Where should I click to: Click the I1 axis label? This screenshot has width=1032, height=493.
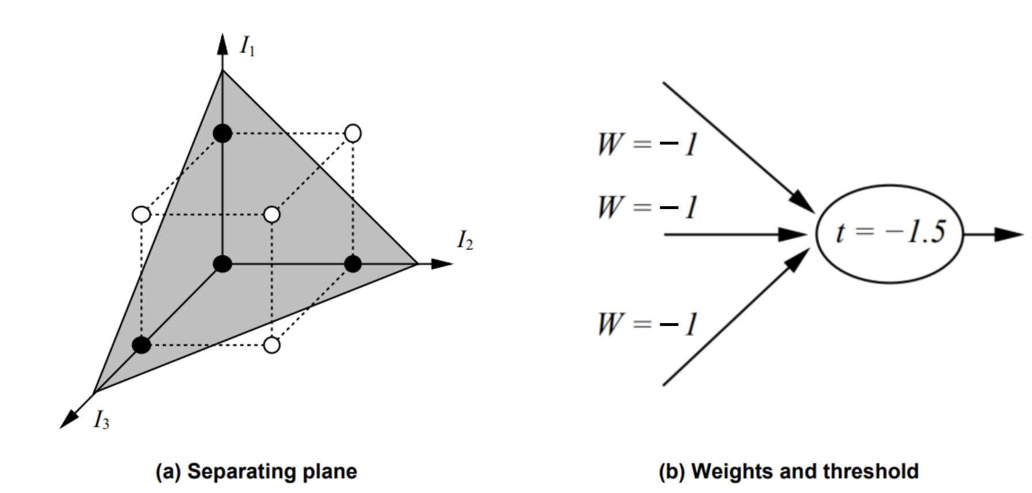click(x=247, y=46)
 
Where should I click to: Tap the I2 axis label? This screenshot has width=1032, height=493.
click(x=465, y=240)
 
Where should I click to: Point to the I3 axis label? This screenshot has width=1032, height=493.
click(x=101, y=421)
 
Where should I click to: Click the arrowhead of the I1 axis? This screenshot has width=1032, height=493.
click(x=222, y=43)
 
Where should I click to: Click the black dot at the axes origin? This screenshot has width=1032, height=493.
click(x=222, y=264)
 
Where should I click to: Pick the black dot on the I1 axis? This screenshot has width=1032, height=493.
click(x=222, y=134)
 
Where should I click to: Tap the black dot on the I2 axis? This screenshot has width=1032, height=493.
click(x=352, y=264)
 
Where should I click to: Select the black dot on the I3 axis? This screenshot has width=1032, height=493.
click(x=141, y=345)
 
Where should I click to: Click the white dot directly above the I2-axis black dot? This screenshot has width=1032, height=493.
click(x=352, y=134)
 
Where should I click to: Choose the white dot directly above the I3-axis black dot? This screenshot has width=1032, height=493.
click(x=141, y=215)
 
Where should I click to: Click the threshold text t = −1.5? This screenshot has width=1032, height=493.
click(x=890, y=232)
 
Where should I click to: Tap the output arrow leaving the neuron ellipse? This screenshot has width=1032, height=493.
click(x=994, y=234)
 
